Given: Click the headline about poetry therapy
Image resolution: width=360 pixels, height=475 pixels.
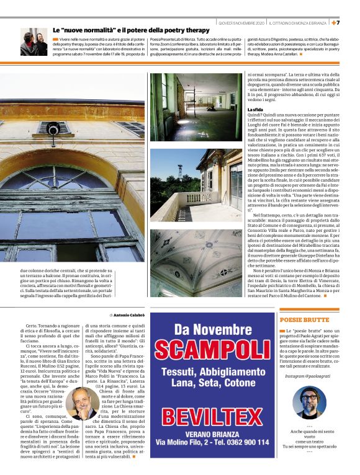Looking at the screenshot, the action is (x=130, y=29).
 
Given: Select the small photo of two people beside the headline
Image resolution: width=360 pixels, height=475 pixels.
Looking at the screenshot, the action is (x=34, y=42).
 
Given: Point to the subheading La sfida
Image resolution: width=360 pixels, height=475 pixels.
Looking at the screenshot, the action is (x=255, y=109).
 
